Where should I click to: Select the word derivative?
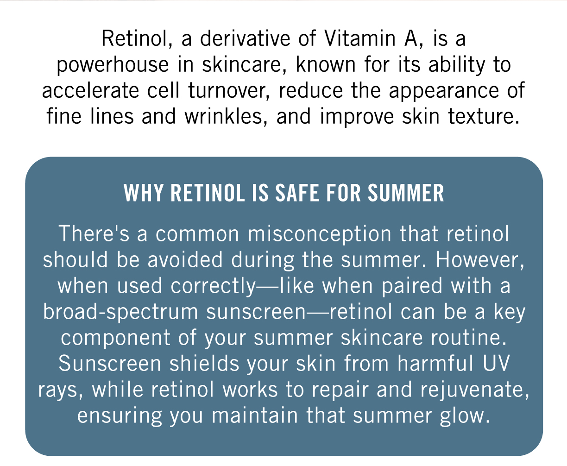click(245, 38)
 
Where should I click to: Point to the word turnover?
click(229, 91)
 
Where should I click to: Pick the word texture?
click(484, 117)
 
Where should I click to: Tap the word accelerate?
click(90, 91)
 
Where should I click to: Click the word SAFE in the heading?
click(297, 193)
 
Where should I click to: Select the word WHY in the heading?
click(143, 193)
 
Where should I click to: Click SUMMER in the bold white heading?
click(406, 193)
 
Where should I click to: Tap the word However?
click(480, 260)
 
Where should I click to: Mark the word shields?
click(204, 364)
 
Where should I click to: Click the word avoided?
click(185, 260)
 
